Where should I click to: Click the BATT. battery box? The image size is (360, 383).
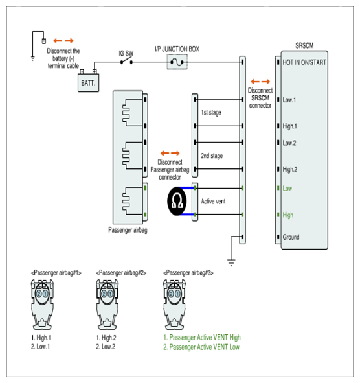[x=88, y=83]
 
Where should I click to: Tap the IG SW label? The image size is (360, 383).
[x=126, y=53]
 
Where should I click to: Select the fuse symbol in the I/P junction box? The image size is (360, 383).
[x=177, y=62]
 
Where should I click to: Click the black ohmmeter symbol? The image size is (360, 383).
[x=177, y=202]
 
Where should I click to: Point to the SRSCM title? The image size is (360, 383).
[x=304, y=45]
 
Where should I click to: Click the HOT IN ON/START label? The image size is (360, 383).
[x=304, y=62]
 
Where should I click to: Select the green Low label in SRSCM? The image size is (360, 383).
[x=287, y=189]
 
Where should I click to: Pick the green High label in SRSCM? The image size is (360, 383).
[x=287, y=215]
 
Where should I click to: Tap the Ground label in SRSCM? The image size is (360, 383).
[x=291, y=237]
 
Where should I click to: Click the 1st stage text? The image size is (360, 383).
[x=211, y=113]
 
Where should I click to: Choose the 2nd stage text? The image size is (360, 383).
[x=212, y=156]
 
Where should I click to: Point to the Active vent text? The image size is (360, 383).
[x=213, y=202]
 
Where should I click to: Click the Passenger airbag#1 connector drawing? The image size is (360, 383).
[x=42, y=305]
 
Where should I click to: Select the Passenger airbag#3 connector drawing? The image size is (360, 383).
[x=174, y=305]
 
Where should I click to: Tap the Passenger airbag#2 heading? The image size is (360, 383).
[x=121, y=273]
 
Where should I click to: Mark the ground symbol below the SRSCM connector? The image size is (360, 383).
[x=231, y=262]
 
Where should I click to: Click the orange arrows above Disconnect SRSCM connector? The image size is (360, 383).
[x=260, y=82]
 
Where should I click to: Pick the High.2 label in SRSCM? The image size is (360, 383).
[x=289, y=169]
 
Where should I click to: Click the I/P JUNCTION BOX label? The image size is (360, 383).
[x=177, y=49]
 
